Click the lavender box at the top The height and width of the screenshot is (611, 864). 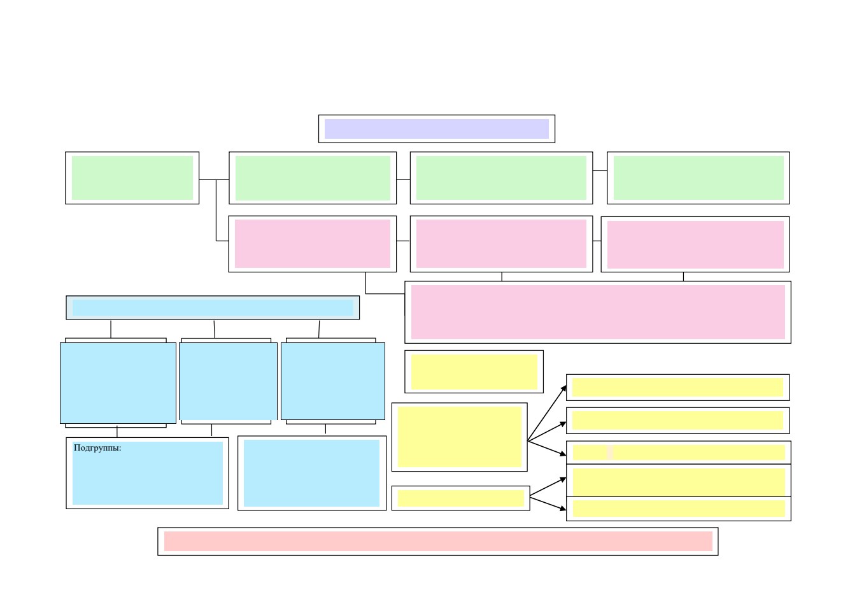coord(437,129)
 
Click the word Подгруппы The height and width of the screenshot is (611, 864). coord(97,447)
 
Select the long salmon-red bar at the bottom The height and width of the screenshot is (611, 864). coord(438,541)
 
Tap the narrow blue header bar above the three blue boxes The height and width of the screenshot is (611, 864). coord(213,307)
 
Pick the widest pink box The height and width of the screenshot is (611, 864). coord(598,313)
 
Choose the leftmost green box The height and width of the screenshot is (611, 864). coord(132,178)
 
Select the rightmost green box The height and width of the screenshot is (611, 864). coord(698,178)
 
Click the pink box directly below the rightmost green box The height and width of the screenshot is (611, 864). coord(695,244)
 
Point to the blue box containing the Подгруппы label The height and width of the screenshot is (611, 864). coord(147,473)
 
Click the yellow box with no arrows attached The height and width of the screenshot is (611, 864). coord(474,372)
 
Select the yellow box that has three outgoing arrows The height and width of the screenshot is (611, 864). coord(460,437)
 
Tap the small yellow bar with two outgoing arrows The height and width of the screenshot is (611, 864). coord(460,498)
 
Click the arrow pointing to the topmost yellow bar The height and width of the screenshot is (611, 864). coord(546,413)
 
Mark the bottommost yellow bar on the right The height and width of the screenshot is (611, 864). coord(679,509)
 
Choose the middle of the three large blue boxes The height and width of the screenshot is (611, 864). coord(228,381)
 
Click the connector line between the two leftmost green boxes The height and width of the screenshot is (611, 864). coord(214,179)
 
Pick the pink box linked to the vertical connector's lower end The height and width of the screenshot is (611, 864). coord(313,244)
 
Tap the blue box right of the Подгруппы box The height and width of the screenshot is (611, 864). coord(312,473)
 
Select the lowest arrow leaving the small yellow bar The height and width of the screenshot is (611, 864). coord(548,504)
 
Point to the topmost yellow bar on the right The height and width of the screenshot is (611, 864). coord(677,387)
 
